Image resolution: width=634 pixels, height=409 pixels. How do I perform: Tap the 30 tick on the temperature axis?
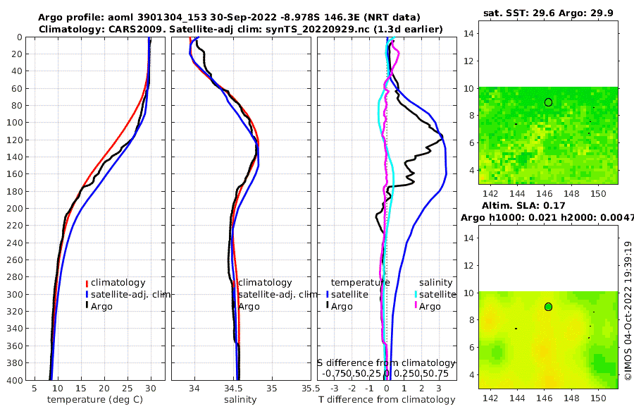coord(151,389)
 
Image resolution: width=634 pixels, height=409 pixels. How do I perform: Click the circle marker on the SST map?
coord(548,102)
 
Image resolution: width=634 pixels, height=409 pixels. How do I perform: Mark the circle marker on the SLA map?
coord(548,307)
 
